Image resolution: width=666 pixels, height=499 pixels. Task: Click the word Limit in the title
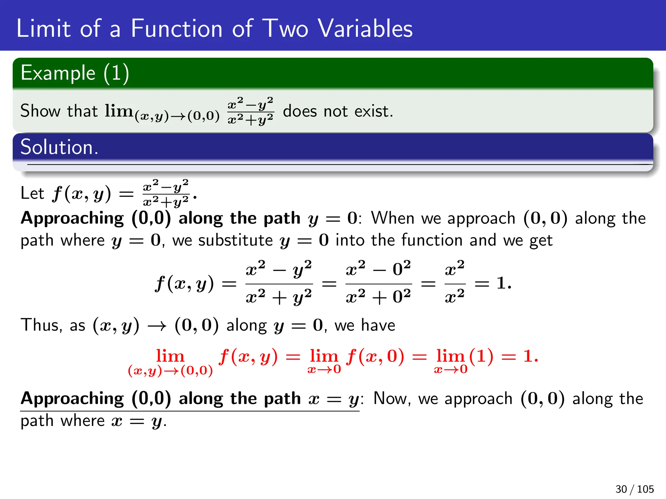click(x=43, y=29)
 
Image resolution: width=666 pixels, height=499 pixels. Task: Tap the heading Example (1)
click(x=75, y=73)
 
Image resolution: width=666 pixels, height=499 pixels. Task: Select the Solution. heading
click(x=59, y=147)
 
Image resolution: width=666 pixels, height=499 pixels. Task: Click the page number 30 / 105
click(x=634, y=489)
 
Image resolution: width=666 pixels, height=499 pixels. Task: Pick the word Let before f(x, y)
click(x=32, y=193)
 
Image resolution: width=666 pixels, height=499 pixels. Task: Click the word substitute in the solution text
click(x=235, y=241)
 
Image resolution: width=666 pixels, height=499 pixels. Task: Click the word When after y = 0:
click(x=393, y=218)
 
